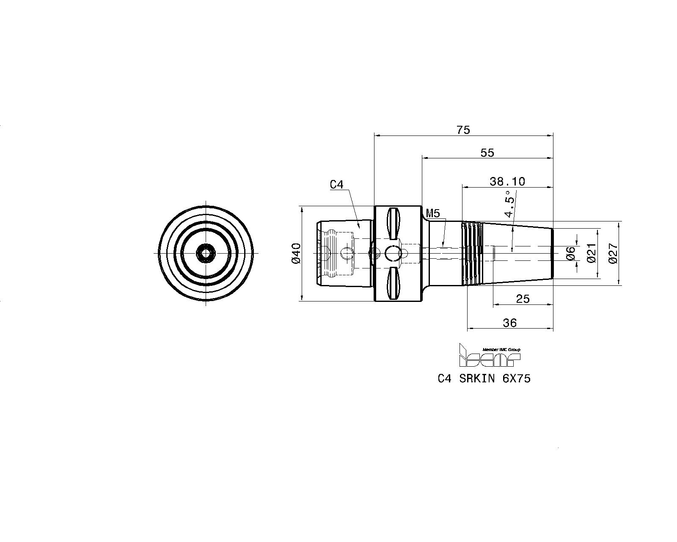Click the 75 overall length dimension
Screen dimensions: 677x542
463,130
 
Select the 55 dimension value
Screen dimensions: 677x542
487,153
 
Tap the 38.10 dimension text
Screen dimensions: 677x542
507,182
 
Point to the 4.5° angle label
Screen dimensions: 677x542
509,204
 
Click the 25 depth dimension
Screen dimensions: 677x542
523,299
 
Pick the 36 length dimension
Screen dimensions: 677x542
509,323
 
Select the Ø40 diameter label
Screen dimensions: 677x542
297,254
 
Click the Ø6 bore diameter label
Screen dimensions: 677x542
570,253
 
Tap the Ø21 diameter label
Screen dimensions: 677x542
592,253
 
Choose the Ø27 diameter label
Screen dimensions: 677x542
613,254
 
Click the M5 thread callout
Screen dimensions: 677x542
432,213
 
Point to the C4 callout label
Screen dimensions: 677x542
337,185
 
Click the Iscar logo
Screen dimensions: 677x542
490,355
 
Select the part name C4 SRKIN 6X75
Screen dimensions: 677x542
484,379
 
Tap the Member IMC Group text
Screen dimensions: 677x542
501,350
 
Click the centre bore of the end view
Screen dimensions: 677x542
206,253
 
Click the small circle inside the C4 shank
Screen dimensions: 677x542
346,253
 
